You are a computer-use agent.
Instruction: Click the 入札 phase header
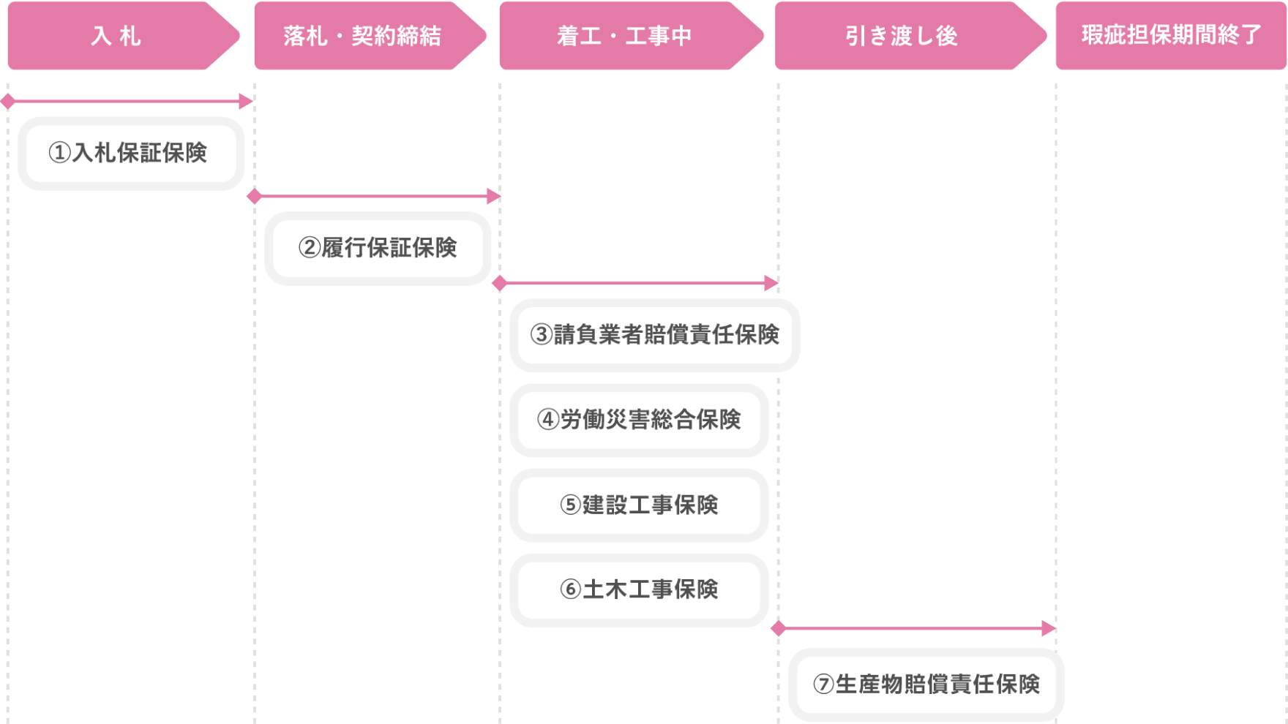click(117, 36)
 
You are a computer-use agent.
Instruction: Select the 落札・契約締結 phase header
click(362, 36)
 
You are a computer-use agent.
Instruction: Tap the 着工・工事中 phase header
click(624, 36)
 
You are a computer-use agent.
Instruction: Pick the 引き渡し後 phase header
click(902, 36)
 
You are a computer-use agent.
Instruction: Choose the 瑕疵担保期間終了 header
click(1171, 36)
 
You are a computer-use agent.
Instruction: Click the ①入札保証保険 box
click(131, 154)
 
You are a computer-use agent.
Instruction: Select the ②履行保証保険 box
click(378, 248)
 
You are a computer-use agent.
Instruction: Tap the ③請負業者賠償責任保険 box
click(656, 335)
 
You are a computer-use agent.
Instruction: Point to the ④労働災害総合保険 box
click(639, 420)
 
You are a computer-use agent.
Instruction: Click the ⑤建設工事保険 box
click(639, 505)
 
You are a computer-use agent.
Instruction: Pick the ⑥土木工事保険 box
click(639, 590)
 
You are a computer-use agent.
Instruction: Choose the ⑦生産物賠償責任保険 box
click(926, 685)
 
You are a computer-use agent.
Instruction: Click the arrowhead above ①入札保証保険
click(246, 101)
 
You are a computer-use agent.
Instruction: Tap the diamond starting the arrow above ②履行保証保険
click(255, 196)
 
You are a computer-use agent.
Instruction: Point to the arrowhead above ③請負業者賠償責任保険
click(771, 283)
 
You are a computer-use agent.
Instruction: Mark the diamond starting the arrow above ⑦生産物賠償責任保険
click(779, 628)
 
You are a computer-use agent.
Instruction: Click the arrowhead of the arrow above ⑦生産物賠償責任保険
click(1049, 628)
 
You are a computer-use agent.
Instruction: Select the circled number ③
click(542, 335)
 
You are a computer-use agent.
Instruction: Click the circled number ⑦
click(824, 685)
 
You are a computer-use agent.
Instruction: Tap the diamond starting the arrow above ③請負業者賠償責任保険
click(500, 283)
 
